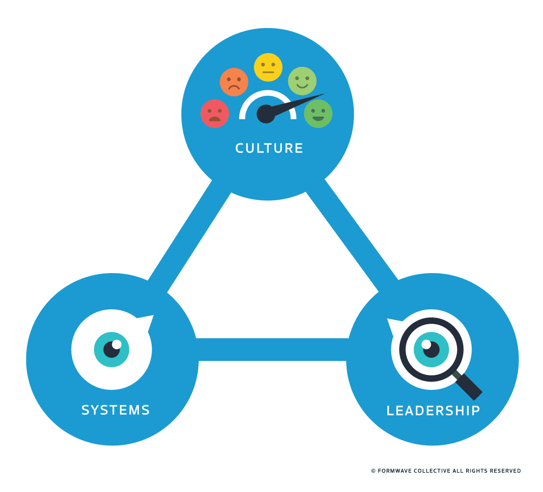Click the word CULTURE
point(269,148)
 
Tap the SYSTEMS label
point(115,410)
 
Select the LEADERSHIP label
point(433,411)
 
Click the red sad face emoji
point(214,114)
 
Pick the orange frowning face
point(234,82)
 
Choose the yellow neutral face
point(268,67)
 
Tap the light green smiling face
point(302,81)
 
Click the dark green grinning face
point(318,114)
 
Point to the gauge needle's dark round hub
point(266,114)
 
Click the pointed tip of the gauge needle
point(323,95)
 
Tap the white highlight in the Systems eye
point(116,344)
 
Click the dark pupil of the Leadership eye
point(432,350)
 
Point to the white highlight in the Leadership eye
point(426,345)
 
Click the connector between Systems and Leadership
point(271,350)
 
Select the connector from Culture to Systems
point(190,235)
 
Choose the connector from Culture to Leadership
point(351,235)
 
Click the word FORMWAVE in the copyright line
point(395,471)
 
